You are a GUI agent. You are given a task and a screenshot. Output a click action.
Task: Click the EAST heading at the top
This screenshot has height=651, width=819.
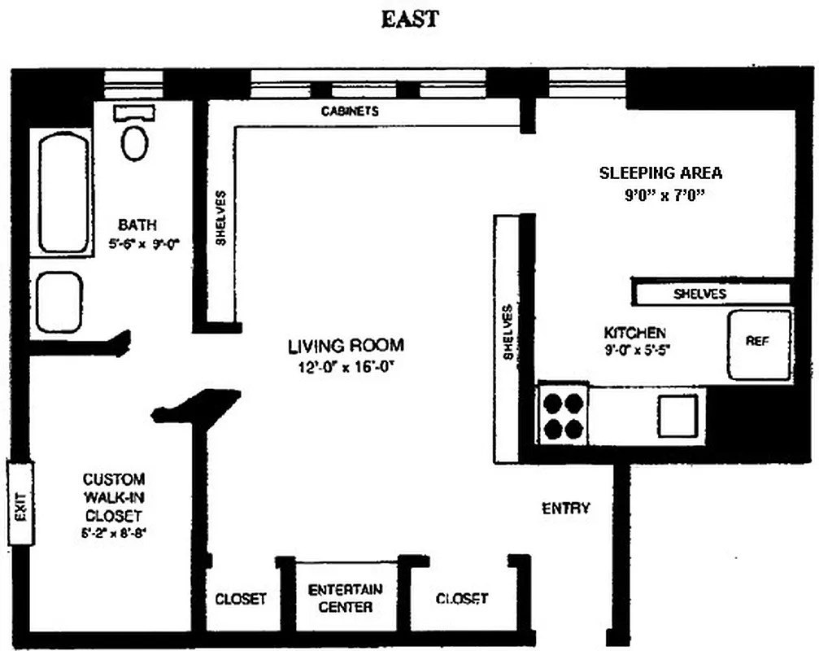coord(409,20)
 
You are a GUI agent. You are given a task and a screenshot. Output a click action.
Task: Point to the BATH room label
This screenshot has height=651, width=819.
coord(137,225)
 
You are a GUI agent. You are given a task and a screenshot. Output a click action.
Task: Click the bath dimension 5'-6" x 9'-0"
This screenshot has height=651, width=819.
coord(137,242)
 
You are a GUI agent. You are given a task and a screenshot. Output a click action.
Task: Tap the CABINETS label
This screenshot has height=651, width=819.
coord(349,111)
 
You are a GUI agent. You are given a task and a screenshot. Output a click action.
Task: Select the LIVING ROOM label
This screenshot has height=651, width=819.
coord(346,346)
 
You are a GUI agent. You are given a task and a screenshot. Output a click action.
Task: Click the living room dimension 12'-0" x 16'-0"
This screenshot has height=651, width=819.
coord(346,366)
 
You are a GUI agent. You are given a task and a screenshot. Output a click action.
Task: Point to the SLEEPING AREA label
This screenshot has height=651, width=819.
coord(660,173)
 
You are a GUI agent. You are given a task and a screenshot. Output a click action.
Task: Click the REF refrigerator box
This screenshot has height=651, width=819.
coord(757,343)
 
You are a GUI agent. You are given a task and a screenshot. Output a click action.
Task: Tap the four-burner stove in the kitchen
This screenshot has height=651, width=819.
coord(563,415)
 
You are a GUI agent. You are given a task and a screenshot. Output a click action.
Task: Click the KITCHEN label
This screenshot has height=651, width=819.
coord(634,333)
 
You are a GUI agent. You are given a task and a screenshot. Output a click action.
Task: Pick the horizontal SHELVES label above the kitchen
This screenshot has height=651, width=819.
coord(700,294)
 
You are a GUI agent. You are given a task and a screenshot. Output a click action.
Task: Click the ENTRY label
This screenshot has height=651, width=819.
coord(565,509)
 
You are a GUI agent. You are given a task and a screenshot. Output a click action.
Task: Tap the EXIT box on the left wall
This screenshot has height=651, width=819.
coord(21,505)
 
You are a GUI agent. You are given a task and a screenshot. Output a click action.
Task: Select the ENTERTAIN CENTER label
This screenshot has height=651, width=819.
coord(346,598)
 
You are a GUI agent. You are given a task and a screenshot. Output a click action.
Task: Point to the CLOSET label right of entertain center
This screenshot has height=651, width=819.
coord(462,598)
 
